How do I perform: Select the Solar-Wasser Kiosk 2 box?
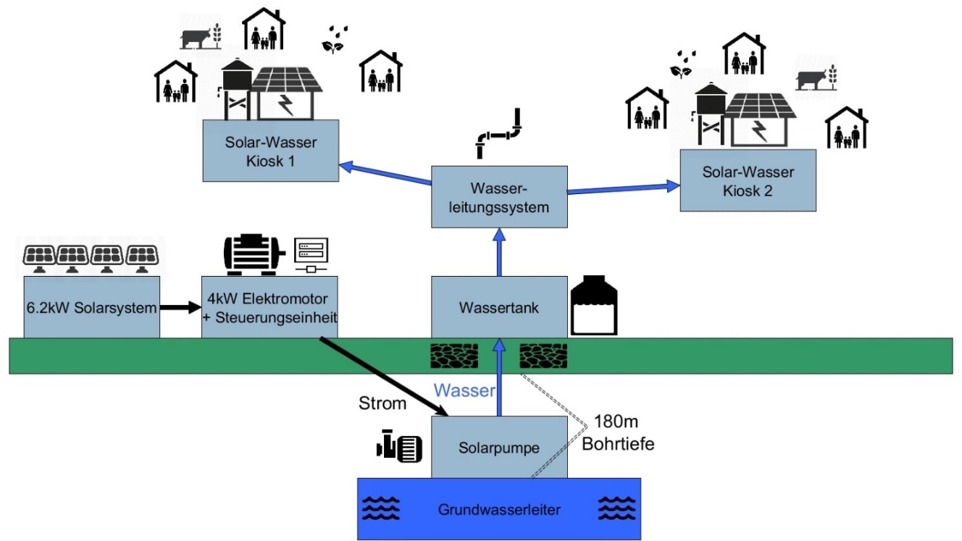click(748, 181)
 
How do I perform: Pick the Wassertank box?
click(499, 307)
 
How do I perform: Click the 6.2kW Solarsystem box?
click(91, 308)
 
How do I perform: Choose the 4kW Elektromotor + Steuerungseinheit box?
click(269, 308)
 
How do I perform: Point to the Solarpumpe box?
click(499, 448)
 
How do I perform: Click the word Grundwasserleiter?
click(499, 509)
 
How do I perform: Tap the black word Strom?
click(382, 403)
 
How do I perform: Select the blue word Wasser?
click(464, 391)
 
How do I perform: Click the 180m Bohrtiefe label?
click(618, 432)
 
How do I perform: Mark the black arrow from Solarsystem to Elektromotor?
click(180, 308)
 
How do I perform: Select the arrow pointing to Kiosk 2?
click(623, 190)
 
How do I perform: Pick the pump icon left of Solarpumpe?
click(399, 448)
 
